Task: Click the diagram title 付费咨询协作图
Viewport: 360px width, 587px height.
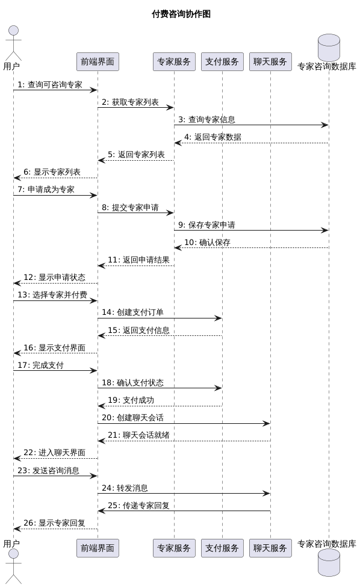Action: tap(181, 14)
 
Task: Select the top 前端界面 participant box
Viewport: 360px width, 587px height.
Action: tap(98, 61)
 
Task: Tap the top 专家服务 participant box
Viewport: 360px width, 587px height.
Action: tap(174, 61)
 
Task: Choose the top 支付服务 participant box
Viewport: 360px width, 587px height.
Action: tap(222, 61)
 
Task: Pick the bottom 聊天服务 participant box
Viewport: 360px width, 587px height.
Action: tap(270, 548)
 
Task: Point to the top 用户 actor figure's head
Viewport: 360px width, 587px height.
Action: tap(13, 31)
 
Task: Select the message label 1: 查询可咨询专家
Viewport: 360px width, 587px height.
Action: tap(50, 85)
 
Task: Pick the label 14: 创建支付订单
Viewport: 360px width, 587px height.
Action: tap(132, 312)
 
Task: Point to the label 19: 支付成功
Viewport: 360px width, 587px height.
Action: tap(131, 400)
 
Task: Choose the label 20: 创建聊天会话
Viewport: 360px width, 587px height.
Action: tap(132, 418)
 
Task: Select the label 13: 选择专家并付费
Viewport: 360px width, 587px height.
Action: tap(52, 295)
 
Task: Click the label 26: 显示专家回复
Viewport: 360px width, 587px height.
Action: tap(54, 523)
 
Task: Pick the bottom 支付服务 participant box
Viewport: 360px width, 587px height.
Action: tap(222, 548)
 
